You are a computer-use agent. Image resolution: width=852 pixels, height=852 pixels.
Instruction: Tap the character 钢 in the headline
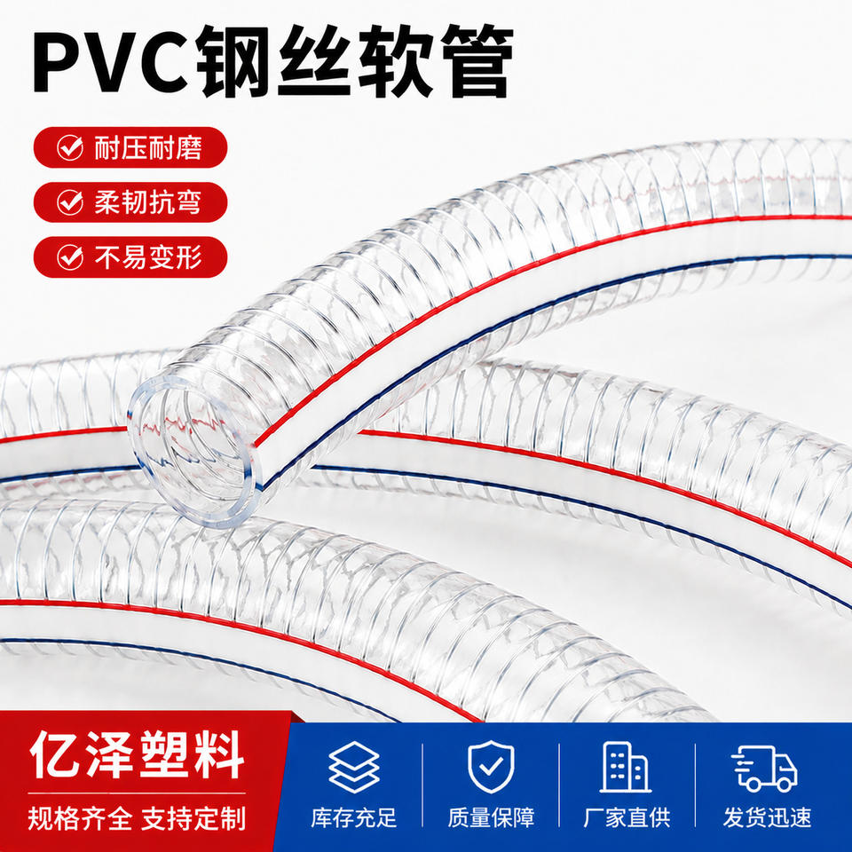(233, 61)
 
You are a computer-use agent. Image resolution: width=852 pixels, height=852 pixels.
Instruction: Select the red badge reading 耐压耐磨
(130, 147)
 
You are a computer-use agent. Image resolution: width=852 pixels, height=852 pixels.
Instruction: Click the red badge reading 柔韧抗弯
(130, 202)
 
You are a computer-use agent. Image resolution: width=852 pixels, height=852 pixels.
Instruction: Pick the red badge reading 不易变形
(130, 257)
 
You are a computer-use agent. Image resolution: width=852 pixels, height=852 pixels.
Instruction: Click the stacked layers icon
(354, 767)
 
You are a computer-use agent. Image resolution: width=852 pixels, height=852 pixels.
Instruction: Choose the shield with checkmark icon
(491, 767)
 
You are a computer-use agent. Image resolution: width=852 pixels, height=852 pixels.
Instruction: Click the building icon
(626, 767)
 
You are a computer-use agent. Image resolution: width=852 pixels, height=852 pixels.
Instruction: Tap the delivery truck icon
(764, 768)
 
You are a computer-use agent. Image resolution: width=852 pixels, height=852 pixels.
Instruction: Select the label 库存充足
(354, 817)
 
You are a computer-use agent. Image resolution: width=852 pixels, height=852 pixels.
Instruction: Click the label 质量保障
(491, 817)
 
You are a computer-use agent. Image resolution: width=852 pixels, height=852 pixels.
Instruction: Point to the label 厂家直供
(627, 817)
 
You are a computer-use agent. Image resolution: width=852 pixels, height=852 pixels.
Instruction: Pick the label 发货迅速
(767, 817)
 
